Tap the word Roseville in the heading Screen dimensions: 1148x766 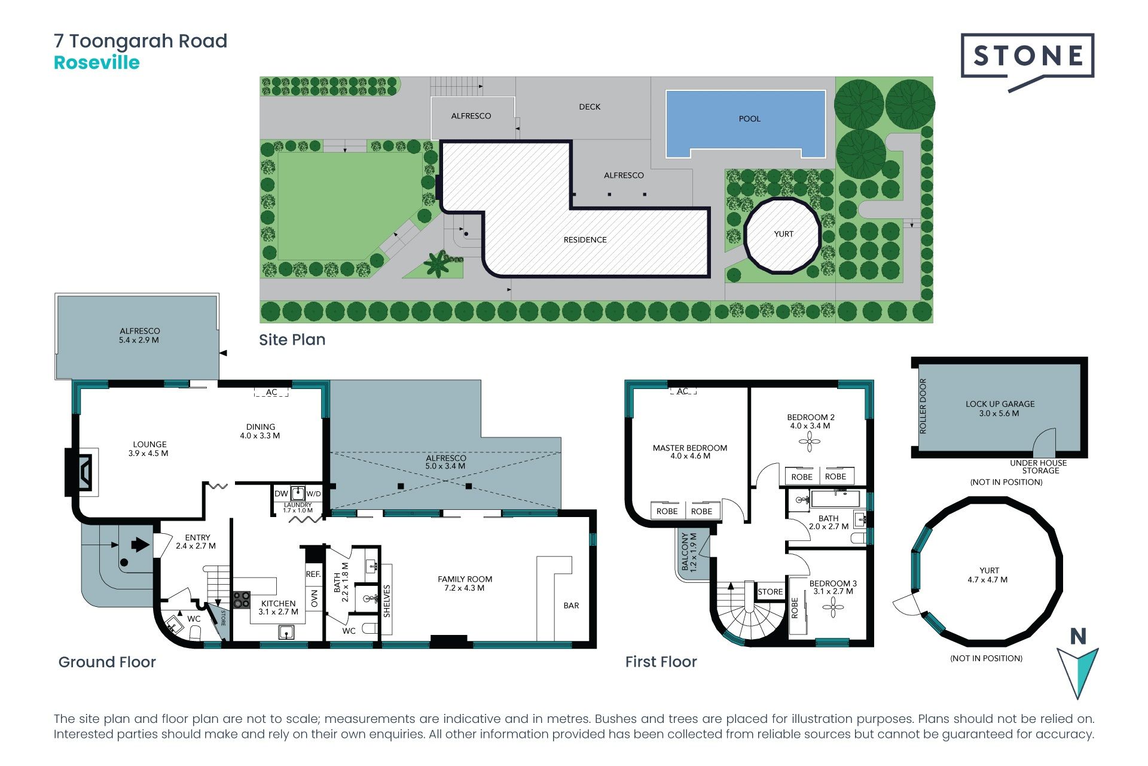pyautogui.click(x=97, y=62)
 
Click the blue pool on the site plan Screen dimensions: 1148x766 pyautogui.click(x=746, y=123)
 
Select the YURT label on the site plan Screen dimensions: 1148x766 pyautogui.click(x=783, y=234)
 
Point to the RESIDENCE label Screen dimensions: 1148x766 pyautogui.click(x=585, y=240)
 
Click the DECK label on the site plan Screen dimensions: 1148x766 pyautogui.click(x=590, y=107)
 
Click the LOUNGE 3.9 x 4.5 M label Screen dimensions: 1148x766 pyautogui.click(x=149, y=449)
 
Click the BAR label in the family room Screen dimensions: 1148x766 pyautogui.click(x=571, y=606)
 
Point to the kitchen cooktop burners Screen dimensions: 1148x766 pyautogui.click(x=242, y=600)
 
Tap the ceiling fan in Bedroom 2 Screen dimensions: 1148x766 pyautogui.click(x=810, y=442)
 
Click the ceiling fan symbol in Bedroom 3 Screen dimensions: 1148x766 pyautogui.click(x=832, y=608)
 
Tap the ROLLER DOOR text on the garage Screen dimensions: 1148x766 pyautogui.click(x=923, y=406)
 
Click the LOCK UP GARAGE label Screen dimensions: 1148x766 pyautogui.click(x=1000, y=404)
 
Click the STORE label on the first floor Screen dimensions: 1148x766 pyautogui.click(x=770, y=592)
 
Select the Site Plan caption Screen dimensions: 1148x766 pyautogui.click(x=292, y=340)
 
